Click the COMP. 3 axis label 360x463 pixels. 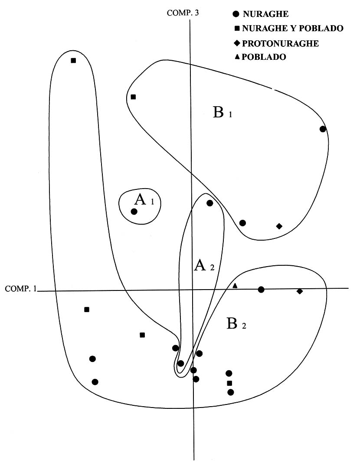[183, 13]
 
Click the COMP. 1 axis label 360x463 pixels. [20, 289]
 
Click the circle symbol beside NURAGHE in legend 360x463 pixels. [236, 14]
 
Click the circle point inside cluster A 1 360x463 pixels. [134, 212]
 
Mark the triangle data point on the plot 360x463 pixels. [235, 285]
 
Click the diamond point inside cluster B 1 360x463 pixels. [279, 226]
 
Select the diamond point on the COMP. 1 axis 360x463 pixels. [300, 291]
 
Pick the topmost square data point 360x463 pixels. [73, 60]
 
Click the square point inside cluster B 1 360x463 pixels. [133, 97]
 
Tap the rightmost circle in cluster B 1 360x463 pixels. [322, 129]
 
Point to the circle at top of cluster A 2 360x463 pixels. [209, 203]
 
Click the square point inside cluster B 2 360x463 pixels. [230, 383]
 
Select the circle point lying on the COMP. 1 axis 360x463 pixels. [261, 290]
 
